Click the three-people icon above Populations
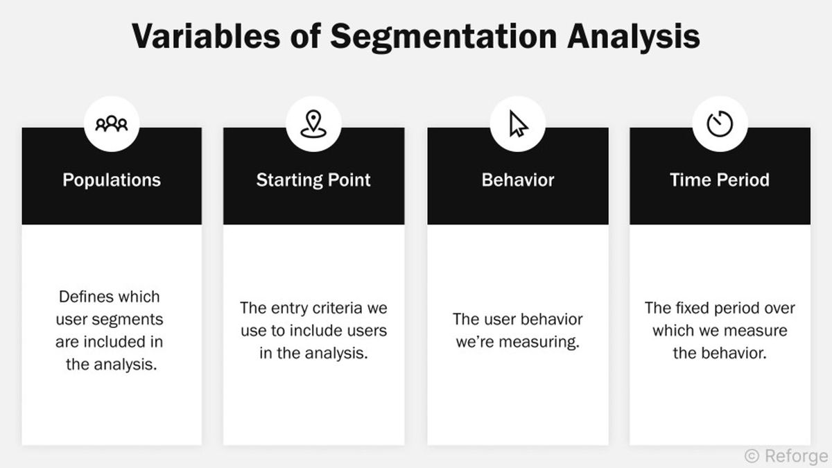click(112, 124)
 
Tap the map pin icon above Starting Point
click(313, 123)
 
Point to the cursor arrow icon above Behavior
click(517, 125)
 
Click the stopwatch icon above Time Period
click(720, 124)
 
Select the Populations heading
click(112, 180)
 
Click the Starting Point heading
click(313, 180)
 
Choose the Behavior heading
click(518, 180)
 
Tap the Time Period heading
click(720, 180)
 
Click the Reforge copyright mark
click(786, 456)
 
